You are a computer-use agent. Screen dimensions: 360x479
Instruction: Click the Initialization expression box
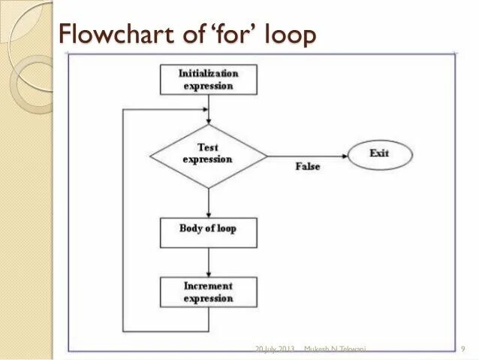point(209,79)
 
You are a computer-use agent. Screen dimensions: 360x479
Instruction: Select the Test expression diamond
point(209,156)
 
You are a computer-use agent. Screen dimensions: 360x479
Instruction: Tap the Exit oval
point(380,155)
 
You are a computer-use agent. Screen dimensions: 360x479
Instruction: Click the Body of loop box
point(209,231)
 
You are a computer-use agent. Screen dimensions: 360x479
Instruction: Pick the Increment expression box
point(209,292)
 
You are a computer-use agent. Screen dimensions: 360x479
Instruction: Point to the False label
point(307,166)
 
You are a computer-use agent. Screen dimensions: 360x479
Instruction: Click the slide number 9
point(463,349)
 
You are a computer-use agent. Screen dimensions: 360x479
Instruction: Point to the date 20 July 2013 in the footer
point(275,349)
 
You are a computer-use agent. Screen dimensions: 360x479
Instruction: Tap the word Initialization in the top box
point(209,73)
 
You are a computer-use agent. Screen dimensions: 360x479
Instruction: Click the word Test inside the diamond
point(208,148)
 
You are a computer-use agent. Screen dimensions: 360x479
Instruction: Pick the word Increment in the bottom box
point(208,286)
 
